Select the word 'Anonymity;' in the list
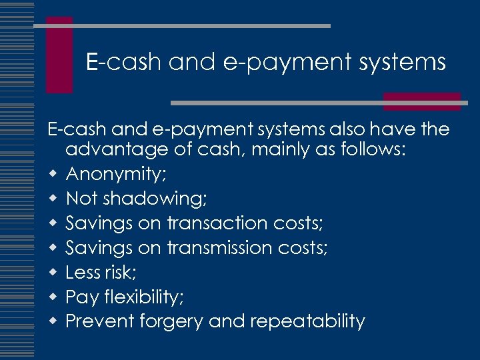(117, 175)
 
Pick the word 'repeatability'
(307, 321)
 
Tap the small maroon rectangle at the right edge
(422, 101)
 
